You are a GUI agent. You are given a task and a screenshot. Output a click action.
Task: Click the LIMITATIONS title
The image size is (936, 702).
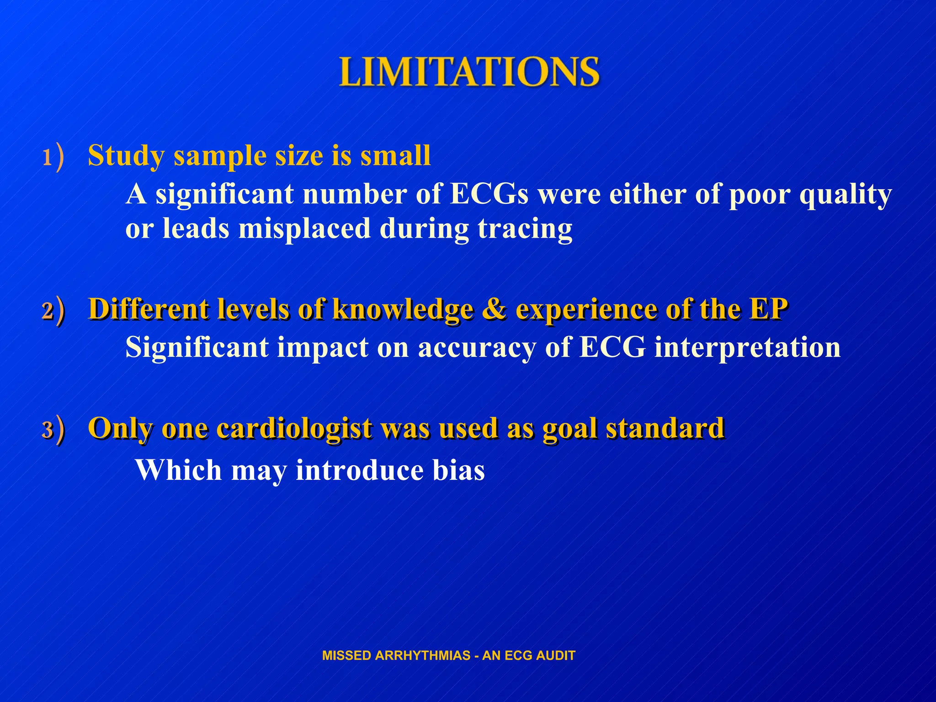pos(469,72)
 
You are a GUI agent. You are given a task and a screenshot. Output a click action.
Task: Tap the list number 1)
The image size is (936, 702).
pos(53,158)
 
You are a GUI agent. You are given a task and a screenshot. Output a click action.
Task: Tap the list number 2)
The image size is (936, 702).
pos(53,311)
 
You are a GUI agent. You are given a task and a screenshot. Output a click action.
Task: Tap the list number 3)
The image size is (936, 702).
pos(53,430)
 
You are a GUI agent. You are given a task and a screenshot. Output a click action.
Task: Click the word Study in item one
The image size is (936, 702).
pos(126,156)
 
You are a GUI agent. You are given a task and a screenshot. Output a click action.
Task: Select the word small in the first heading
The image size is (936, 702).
pos(395,155)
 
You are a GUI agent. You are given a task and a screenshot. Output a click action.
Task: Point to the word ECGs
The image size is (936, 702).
pos(489,194)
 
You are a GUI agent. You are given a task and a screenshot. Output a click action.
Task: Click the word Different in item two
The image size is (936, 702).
pos(149,309)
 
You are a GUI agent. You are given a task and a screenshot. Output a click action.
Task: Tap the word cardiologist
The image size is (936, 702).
pos(294,429)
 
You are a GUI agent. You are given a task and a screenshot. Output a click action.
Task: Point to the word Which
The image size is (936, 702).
pos(179,470)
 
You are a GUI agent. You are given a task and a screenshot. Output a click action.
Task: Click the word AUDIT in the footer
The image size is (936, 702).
pos(555,655)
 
